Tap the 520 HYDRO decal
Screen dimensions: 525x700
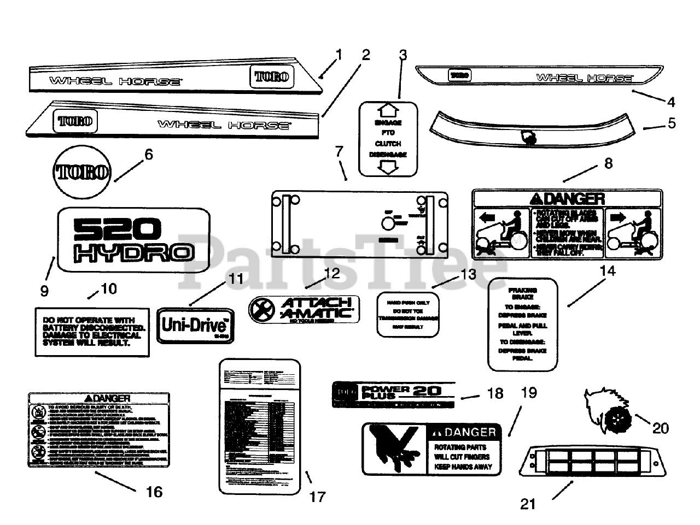(x=133, y=239)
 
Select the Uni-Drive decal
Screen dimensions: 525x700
(x=195, y=326)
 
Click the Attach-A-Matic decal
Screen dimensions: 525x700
(x=304, y=309)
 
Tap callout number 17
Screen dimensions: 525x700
(x=317, y=497)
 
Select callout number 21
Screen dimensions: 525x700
(x=528, y=504)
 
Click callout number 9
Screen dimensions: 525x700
(x=44, y=291)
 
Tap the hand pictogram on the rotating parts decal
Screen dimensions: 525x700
(x=395, y=447)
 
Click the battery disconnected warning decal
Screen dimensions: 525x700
(x=92, y=332)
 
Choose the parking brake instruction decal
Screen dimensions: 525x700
(x=522, y=324)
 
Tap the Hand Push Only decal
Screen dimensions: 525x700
(x=408, y=314)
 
